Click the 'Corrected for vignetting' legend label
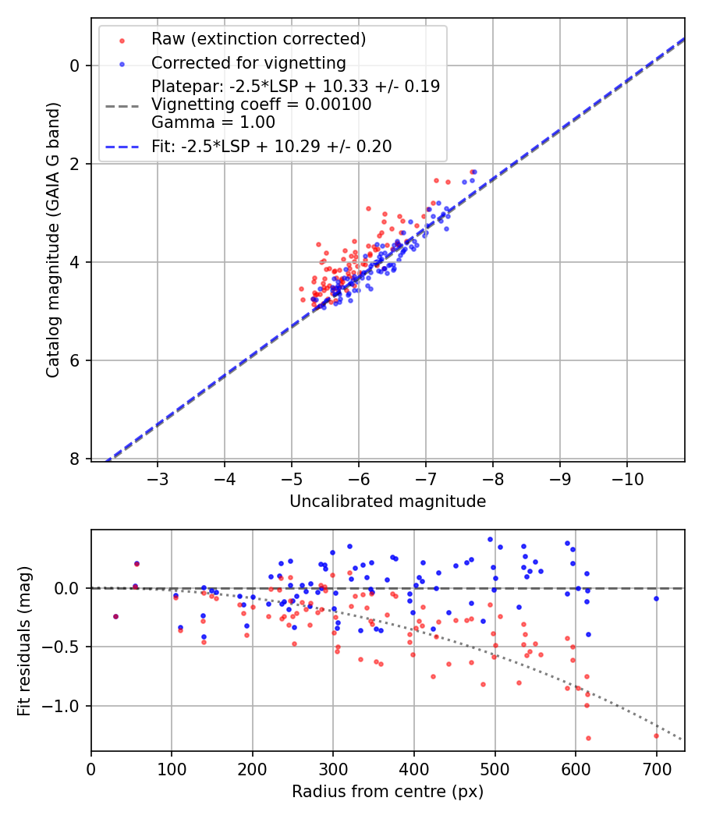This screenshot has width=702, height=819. pos(248,62)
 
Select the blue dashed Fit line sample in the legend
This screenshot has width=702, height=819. pos(122,146)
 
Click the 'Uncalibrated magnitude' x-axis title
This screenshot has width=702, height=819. pos(388,502)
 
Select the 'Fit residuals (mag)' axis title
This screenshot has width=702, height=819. pos(25,640)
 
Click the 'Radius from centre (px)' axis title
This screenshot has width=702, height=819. pos(388,792)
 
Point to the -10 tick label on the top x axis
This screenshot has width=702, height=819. pos(627,477)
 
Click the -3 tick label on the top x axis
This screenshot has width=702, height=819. pos(158,477)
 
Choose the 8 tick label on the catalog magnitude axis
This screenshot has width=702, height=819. pos(76,459)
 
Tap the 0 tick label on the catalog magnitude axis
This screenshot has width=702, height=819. pos(76,66)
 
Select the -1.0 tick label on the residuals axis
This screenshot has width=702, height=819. pos(66,706)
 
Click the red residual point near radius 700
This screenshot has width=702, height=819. pos(656,736)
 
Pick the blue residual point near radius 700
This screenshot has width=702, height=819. pos(656,598)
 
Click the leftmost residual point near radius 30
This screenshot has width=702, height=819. pos(115,616)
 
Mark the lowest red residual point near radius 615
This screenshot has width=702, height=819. pos(588,738)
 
